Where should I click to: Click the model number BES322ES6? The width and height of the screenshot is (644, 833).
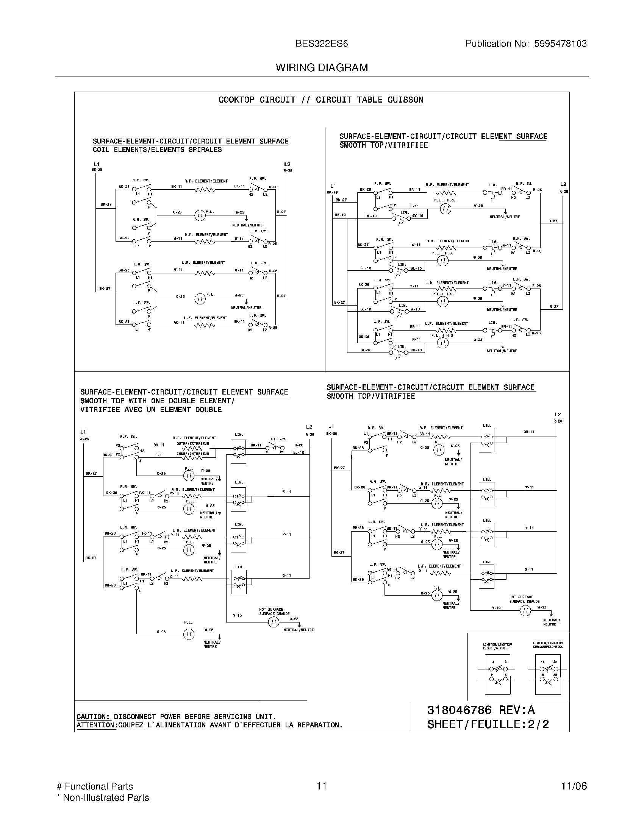pos(322,44)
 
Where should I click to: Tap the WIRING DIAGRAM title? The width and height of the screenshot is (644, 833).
pos(322,67)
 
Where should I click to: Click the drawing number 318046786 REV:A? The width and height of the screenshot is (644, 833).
pos(481,710)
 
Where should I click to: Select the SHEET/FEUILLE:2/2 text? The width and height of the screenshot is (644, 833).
pos(488,724)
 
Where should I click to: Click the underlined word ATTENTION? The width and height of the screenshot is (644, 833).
pos(96,725)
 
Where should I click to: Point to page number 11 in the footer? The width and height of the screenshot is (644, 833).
pos(322,786)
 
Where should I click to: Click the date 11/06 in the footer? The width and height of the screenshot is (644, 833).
pos(574,786)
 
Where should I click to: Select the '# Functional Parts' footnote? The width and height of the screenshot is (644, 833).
pos(95,786)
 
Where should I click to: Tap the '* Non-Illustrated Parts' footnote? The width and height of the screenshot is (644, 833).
pos(103,797)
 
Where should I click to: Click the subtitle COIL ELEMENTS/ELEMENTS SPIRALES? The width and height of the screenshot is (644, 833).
pos(157,150)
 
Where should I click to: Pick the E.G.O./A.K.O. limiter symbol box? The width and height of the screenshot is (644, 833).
pos(497,675)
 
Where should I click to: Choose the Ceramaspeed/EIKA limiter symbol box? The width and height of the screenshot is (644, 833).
pos(548,675)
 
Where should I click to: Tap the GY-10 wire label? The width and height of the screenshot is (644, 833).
pos(417,216)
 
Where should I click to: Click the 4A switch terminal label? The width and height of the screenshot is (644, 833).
pos(142,451)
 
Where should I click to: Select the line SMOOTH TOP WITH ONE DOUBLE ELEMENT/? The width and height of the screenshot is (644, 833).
pos(157,401)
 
